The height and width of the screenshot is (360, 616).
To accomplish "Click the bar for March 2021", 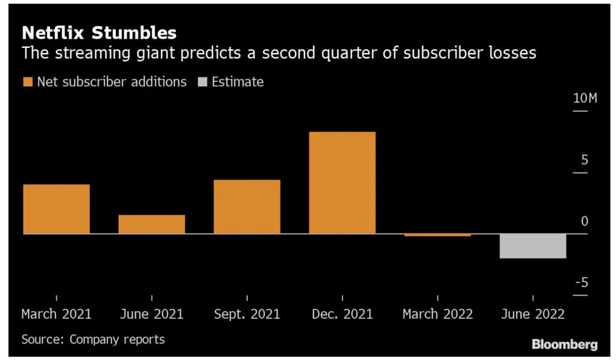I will click(56, 209).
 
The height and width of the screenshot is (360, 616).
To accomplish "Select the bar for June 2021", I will click(152, 224).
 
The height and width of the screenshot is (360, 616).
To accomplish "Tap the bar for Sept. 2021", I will click(247, 207).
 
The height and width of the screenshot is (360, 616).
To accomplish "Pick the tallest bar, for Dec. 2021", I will click(342, 183).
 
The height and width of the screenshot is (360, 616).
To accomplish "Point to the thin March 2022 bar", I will click(437, 235).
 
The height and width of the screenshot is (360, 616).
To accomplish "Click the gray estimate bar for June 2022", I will click(533, 246).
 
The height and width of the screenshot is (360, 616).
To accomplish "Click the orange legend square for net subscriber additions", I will click(27, 82).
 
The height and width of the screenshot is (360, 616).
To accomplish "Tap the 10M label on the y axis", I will click(585, 99).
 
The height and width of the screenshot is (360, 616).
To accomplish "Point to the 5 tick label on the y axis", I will click(584, 160).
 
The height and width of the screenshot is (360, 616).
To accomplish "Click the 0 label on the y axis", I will click(584, 222).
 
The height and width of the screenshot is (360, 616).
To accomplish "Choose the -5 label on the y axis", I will click(581, 284).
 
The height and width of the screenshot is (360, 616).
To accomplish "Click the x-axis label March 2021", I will click(56, 314).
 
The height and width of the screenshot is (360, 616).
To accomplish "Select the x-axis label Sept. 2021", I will click(247, 314).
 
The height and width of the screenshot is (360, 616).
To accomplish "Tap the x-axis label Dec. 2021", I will click(342, 314).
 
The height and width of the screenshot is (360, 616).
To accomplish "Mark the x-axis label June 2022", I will click(533, 314).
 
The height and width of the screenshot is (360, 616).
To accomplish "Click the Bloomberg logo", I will click(565, 344).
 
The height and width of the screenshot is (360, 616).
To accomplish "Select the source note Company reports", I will click(117, 339).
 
